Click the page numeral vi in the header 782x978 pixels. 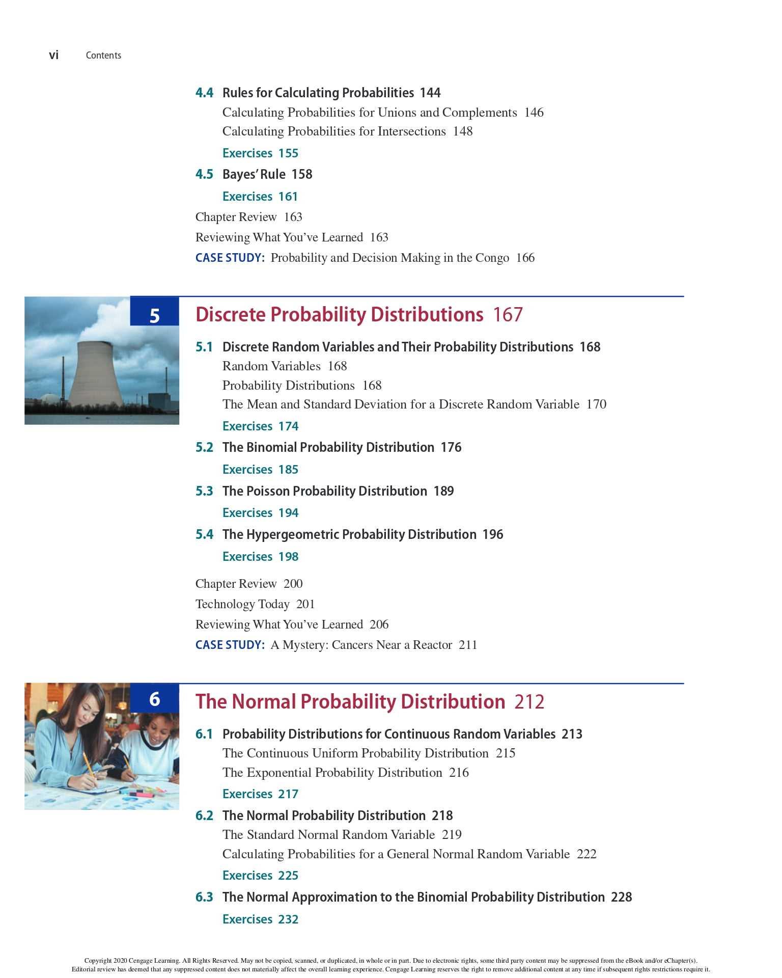[53, 55]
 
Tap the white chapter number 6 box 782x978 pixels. [155, 699]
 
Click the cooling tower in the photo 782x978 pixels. [96, 374]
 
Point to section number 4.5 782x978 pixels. [204, 174]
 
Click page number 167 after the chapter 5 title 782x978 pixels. [508, 315]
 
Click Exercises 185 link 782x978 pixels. [260, 470]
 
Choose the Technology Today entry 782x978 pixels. [255, 604]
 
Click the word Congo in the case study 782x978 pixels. [492, 258]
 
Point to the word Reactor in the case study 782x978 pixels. [432, 645]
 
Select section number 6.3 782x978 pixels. [204, 897]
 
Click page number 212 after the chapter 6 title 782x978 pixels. [529, 702]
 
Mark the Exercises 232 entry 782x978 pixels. [260, 919]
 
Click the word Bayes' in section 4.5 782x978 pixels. [239, 174]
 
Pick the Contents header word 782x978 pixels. [103, 56]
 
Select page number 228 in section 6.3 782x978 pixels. [621, 897]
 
